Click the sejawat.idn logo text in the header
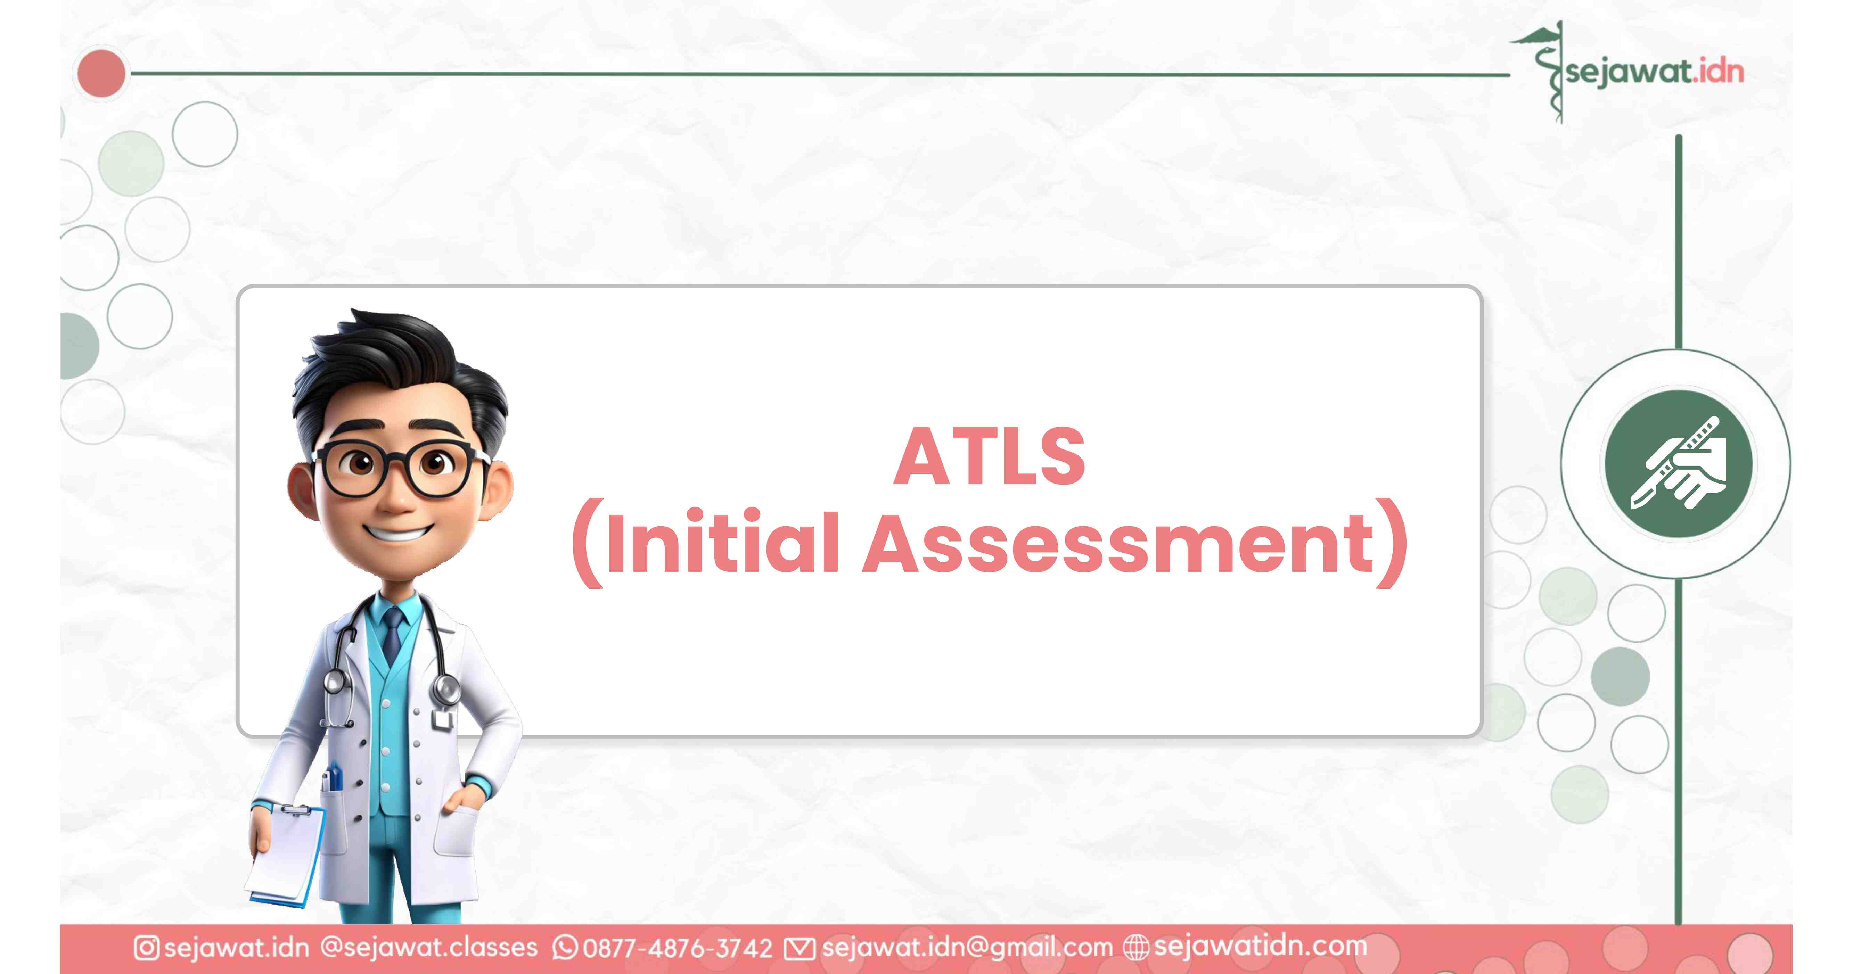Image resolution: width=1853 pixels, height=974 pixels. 1655,72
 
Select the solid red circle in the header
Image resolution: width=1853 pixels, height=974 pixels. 101,73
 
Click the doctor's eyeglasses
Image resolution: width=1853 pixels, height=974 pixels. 398,468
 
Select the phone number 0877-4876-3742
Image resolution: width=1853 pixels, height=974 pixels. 678,948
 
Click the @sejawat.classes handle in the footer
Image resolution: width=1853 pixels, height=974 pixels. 429,947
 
